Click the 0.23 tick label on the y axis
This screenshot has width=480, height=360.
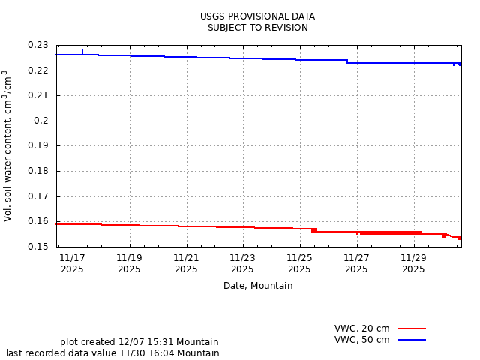point(38,46)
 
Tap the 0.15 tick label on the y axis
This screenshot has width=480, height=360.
point(38,246)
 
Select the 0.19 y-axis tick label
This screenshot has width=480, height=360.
point(38,145)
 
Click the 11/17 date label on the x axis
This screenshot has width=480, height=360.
point(72,257)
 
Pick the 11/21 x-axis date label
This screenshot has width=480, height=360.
point(186,257)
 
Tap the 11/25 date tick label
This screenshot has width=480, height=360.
point(299,257)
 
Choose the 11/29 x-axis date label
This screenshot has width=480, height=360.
point(413,257)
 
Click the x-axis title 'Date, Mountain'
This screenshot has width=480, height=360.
point(258,286)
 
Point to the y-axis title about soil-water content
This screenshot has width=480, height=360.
point(7,145)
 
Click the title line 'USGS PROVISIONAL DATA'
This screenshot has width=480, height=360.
point(257,16)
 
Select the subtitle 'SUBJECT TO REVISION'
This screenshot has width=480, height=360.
point(257,28)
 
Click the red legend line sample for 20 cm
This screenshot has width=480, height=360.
point(411,328)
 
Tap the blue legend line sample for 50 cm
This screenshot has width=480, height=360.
point(411,340)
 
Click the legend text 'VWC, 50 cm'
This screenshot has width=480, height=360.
point(361,340)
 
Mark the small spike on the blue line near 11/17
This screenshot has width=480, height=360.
point(82,52)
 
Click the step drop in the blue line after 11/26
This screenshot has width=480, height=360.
point(347,61)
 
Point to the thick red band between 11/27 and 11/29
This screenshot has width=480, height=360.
point(390,232)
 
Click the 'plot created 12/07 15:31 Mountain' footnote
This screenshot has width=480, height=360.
point(139,342)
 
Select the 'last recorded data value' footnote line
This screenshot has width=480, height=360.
point(112,353)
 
